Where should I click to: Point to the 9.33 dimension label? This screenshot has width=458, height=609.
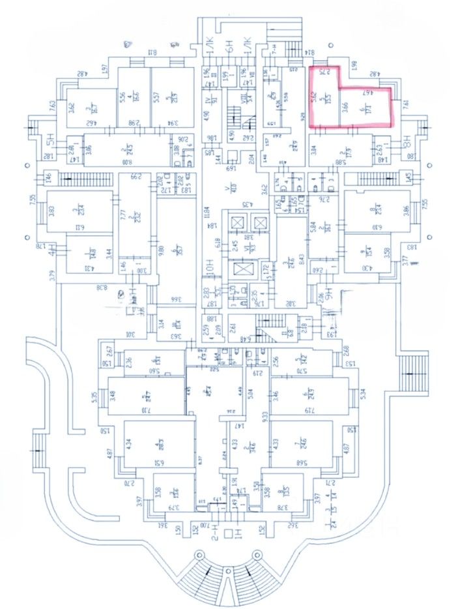264,417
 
